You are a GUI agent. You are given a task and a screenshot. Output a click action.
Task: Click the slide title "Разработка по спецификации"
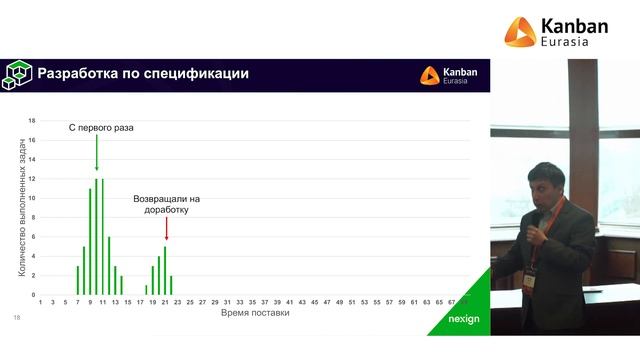pyautogui.click(x=142, y=74)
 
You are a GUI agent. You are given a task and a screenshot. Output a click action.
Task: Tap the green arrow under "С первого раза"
pyautogui.click(x=97, y=153)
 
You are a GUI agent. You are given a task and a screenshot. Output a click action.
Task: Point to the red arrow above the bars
pyautogui.click(x=165, y=229)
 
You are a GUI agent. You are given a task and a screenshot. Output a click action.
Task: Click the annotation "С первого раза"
pyautogui.click(x=101, y=128)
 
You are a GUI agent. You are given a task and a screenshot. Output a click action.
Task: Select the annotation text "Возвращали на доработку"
pyautogui.click(x=166, y=204)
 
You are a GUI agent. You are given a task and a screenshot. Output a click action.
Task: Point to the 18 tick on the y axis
pyautogui.click(x=32, y=121)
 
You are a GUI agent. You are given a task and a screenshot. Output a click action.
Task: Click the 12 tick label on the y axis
pyautogui.click(x=32, y=179)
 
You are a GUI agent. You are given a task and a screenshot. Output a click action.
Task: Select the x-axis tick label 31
pyautogui.click(x=227, y=301)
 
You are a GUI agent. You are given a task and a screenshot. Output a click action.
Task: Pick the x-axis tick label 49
pyautogui.click(x=339, y=301)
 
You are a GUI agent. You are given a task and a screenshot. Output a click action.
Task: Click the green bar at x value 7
pyautogui.click(x=78, y=280)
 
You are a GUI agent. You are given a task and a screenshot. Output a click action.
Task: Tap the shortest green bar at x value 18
pyautogui.click(x=146, y=290)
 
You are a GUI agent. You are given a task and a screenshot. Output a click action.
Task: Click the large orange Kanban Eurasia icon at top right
pyautogui.click(x=519, y=33)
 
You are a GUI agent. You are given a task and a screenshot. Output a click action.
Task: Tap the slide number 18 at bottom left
pyautogui.click(x=16, y=318)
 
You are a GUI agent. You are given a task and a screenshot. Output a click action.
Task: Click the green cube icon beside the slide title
pyautogui.click(x=18, y=74)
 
